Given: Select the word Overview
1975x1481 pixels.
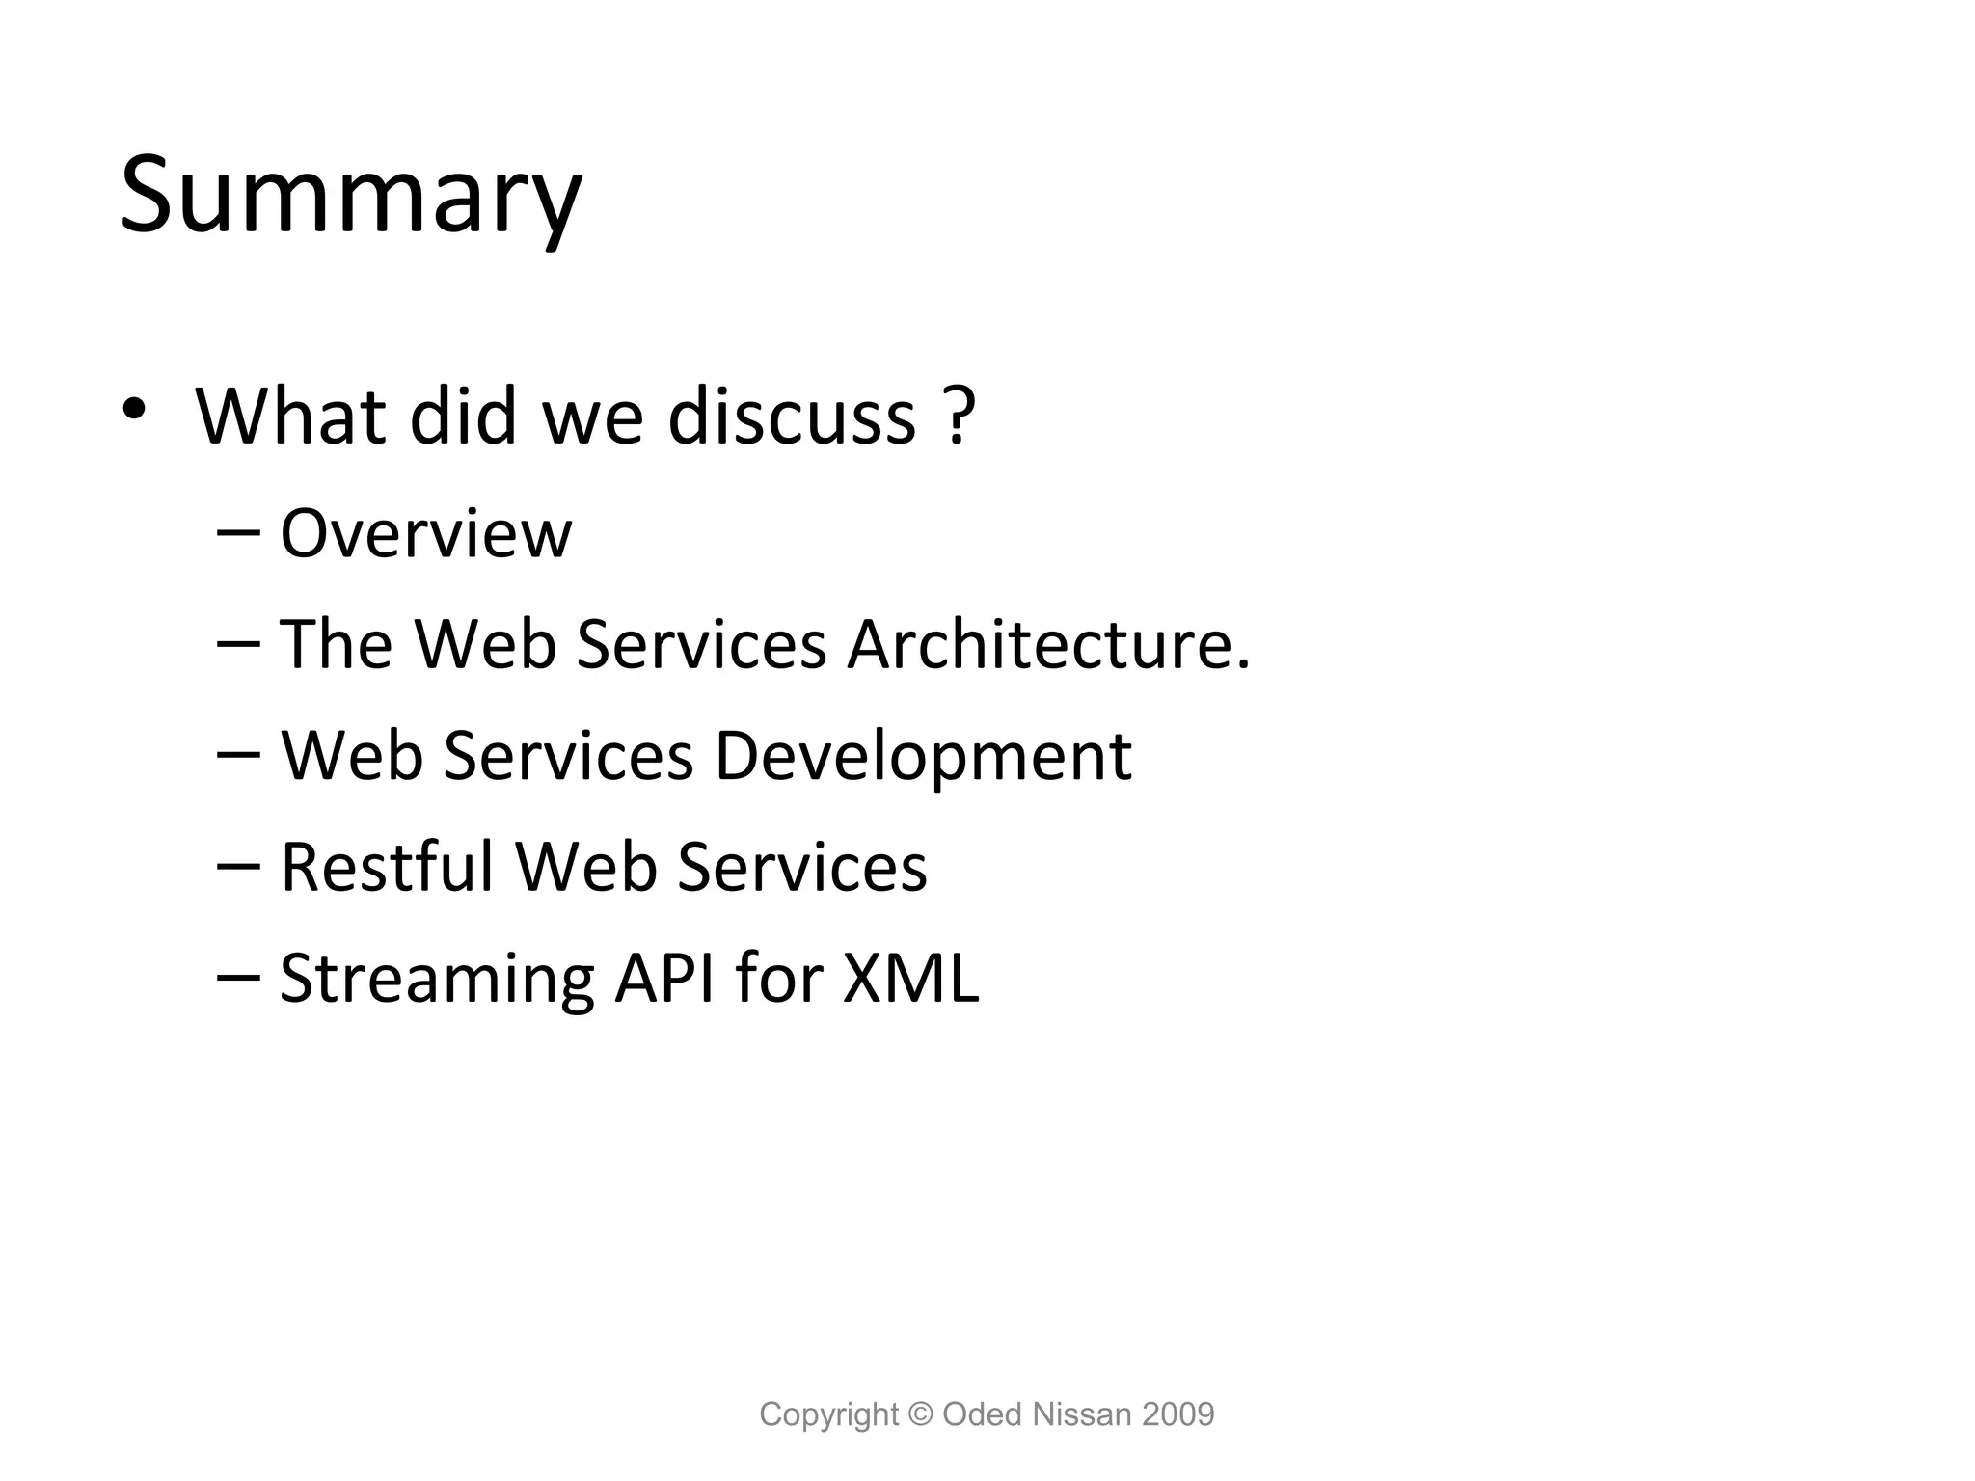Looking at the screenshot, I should coord(425,533).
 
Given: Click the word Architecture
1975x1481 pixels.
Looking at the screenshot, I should coord(1047,644).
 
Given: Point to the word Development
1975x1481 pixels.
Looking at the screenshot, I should coord(922,756).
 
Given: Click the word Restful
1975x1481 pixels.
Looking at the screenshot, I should coord(387,867).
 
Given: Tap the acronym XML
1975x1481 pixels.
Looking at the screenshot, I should coord(910,979).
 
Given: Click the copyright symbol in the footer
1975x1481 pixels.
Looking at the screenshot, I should coord(921,1414).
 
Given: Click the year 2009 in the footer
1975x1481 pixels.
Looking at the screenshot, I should coord(1177,1414).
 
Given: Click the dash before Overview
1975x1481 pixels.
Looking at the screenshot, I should coord(238,533).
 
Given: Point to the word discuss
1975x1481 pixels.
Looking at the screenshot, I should coord(791,416).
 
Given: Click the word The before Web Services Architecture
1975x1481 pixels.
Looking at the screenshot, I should coord(336,644).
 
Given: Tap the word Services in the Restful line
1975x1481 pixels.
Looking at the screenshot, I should coord(802,867).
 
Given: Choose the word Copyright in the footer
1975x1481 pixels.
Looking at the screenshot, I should coord(828,1415).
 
